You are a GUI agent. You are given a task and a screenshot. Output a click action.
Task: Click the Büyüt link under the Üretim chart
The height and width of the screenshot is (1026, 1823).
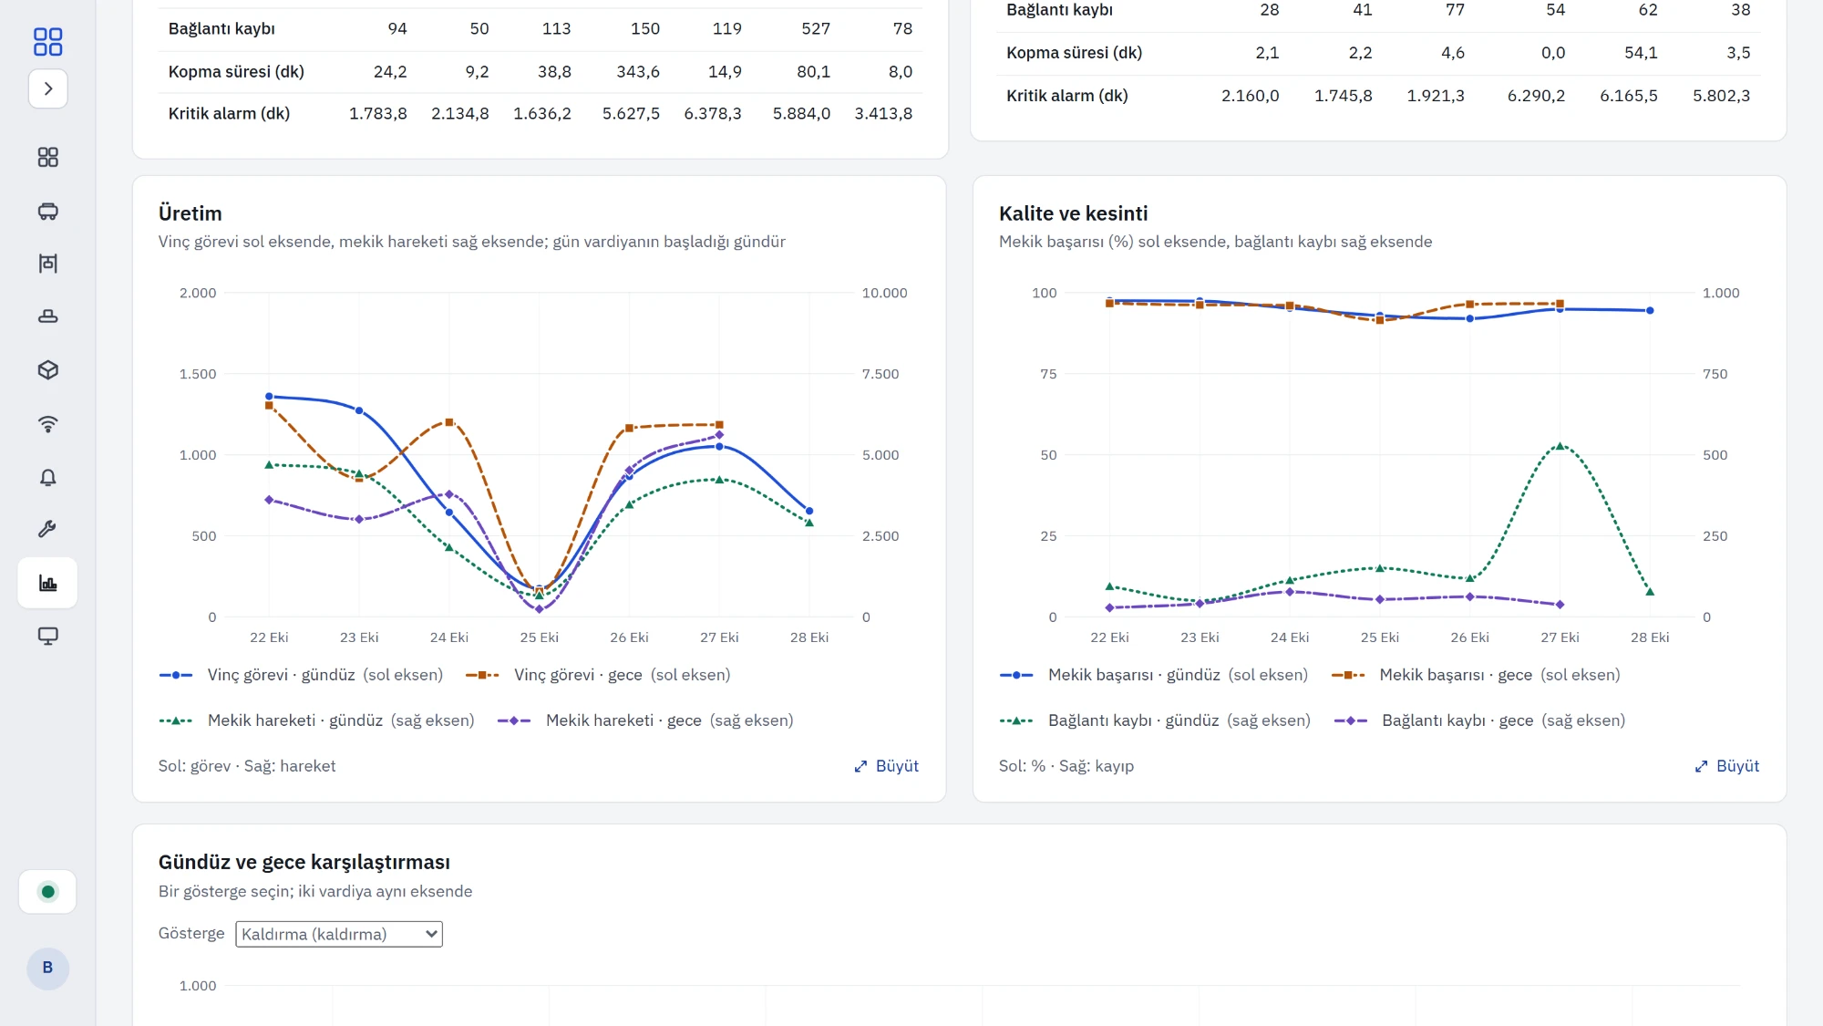886,766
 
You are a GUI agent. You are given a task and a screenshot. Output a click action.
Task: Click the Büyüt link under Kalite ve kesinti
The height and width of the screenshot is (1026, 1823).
1726,766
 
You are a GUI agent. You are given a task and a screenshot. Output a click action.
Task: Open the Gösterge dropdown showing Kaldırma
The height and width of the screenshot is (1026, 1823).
339,934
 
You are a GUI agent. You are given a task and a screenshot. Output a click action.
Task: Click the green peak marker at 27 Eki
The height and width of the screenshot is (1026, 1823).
1560,446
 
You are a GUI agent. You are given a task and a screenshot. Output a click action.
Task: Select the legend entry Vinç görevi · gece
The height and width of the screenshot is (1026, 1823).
598,675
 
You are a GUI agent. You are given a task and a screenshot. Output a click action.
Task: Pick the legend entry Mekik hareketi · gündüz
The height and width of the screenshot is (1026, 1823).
316,720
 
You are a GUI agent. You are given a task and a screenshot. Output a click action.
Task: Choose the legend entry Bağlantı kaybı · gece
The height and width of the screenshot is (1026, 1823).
1479,720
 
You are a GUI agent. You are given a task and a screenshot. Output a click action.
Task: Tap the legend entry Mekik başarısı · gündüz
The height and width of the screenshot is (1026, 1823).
1153,675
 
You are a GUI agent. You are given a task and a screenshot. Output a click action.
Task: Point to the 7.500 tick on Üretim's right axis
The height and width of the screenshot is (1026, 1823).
881,374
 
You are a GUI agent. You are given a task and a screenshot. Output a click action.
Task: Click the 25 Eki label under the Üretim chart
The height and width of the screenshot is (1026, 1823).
540,637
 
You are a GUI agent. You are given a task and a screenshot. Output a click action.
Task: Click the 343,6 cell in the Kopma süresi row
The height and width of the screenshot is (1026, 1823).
638,72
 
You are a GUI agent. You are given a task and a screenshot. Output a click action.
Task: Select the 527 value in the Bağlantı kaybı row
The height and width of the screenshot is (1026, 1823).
816,29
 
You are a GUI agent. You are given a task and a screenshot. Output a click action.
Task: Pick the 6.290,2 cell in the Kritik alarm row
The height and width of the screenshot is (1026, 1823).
1536,96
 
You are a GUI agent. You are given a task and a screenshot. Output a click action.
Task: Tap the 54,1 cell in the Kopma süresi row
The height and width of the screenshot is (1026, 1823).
1641,53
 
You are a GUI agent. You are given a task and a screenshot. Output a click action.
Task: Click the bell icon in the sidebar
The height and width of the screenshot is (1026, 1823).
48,477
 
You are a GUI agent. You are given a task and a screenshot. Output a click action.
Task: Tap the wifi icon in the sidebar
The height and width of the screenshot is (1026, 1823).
48,424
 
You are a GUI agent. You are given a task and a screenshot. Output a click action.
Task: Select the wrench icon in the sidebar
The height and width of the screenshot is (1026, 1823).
48,529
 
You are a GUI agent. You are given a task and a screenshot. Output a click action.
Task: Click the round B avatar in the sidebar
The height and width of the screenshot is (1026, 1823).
48,968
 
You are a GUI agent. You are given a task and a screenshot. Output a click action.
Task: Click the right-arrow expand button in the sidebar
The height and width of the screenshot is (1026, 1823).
48,88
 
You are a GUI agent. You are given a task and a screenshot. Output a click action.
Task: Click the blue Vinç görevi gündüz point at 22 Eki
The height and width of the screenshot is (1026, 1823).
269,397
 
